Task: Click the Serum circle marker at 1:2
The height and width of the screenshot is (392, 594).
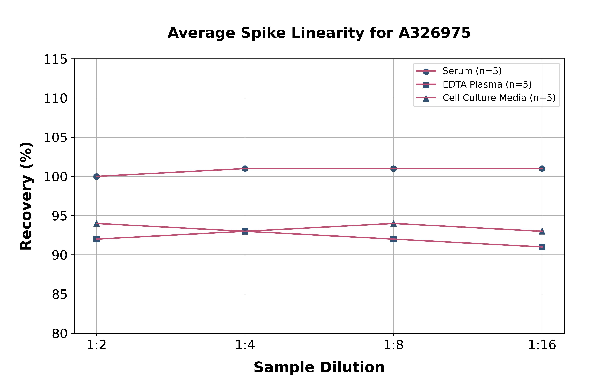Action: pyautogui.click(x=96, y=176)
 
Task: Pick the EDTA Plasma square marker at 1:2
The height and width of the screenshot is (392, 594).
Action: pyautogui.click(x=96, y=239)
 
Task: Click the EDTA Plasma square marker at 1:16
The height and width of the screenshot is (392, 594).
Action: pyautogui.click(x=542, y=247)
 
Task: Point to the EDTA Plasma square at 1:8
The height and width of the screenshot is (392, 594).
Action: pyautogui.click(x=393, y=239)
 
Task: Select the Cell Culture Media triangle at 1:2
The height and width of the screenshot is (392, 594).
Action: pyautogui.click(x=96, y=223)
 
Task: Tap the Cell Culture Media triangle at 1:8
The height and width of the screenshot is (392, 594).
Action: pyautogui.click(x=393, y=223)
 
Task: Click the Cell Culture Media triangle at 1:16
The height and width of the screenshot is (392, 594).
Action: pyautogui.click(x=542, y=232)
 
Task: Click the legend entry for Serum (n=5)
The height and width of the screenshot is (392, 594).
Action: pyautogui.click(x=472, y=71)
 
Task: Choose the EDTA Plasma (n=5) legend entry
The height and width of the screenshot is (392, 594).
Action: pyautogui.click(x=487, y=84)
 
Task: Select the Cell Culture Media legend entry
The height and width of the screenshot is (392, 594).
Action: pyautogui.click(x=499, y=98)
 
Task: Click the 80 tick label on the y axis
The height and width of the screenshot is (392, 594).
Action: pyautogui.click(x=60, y=334)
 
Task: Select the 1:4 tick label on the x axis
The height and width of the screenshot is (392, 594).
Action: pyautogui.click(x=245, y=345)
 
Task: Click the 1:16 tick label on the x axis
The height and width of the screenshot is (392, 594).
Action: pyautogui.click(x=542, y=345)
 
